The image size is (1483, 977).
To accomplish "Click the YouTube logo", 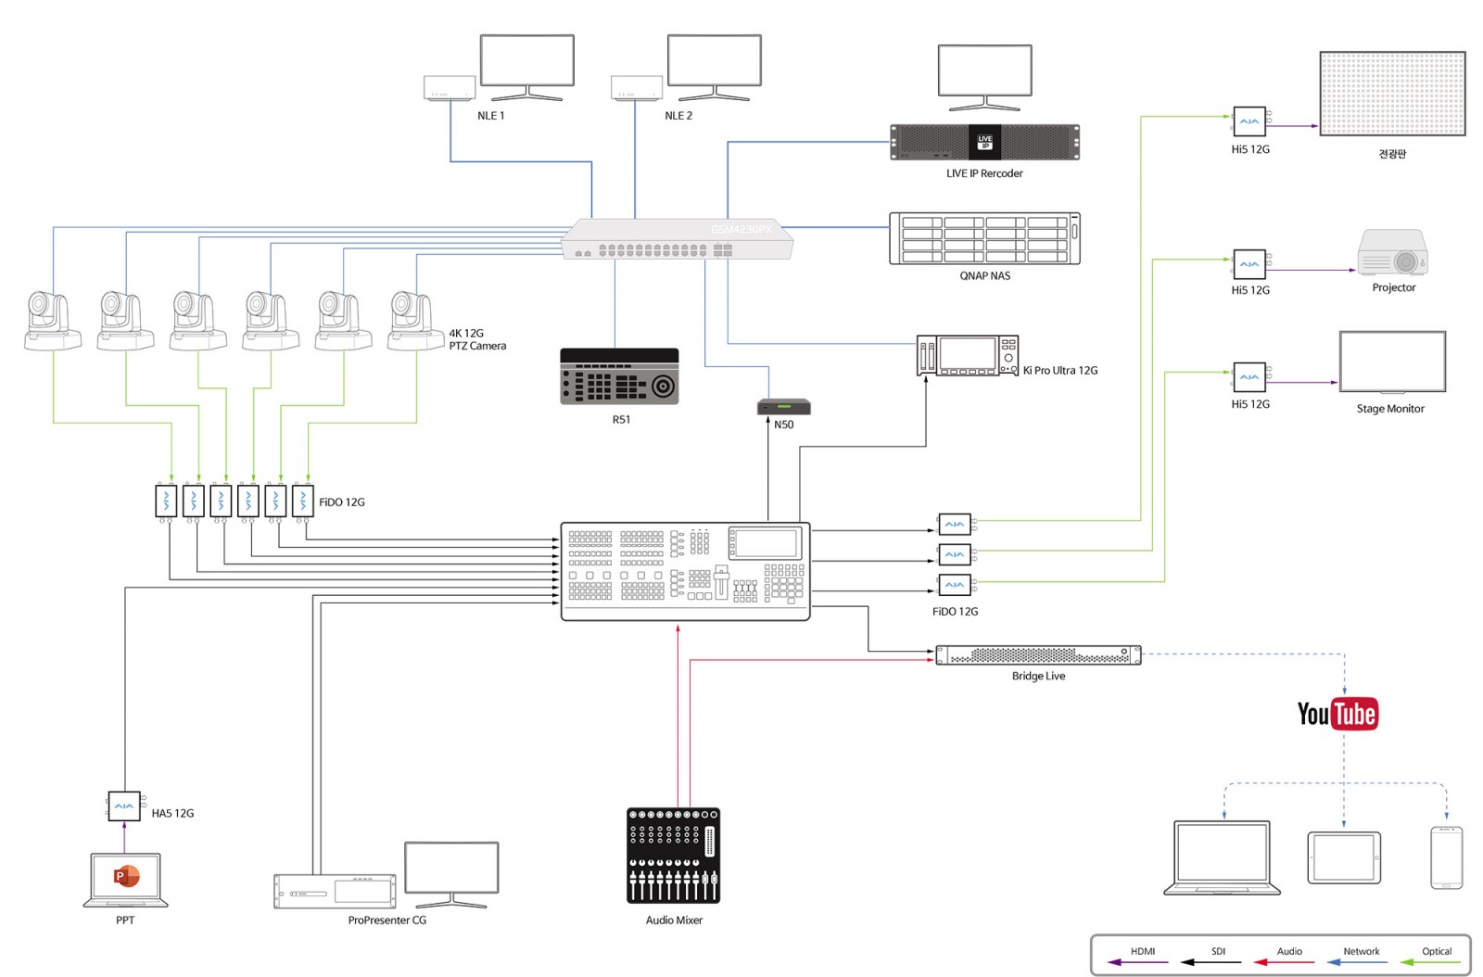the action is pos(1337,714).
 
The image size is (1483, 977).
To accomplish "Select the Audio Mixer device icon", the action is pos(673,856).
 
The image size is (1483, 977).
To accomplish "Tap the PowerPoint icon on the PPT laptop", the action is pos(126,876).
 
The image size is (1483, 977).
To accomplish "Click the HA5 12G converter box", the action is pos(124,806).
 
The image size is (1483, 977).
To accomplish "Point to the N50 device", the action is pos(784,406).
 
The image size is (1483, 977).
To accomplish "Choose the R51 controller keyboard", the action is pos(619,376).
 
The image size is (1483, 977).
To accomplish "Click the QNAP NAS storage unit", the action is pos(984,238).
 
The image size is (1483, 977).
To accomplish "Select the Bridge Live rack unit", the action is pos(1038,655).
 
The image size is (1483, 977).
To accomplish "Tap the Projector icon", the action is pos(1392,252).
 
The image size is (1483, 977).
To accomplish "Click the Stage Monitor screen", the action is pos(1392,362).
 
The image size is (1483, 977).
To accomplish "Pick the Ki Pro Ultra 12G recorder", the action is pos(968,355).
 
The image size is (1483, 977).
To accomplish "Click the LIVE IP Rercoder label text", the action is pos(983,173).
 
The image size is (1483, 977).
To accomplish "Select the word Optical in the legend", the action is pos(1437,951).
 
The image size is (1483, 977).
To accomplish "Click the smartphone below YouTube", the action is pos(1447,857).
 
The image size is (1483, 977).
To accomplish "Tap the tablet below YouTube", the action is pos(1344,857).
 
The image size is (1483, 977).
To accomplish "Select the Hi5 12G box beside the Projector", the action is pos(1250,264).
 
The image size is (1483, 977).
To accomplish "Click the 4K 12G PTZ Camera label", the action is pos(477,339).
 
